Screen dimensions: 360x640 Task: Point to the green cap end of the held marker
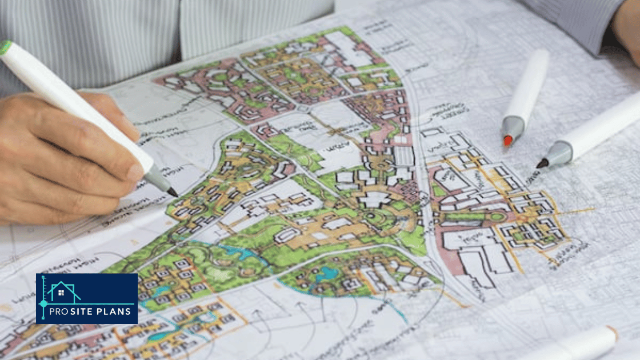tap(6, 47)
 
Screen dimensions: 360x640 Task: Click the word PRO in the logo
tap(61, 311)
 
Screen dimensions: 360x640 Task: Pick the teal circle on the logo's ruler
tap(43, 303)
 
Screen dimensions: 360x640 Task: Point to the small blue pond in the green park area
tap(327, 273)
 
